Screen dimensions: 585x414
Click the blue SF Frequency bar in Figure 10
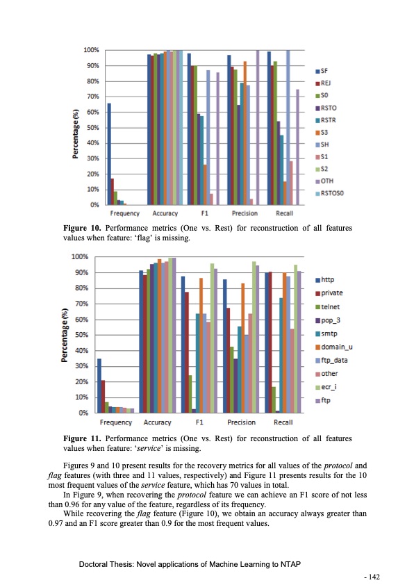coord(109,154)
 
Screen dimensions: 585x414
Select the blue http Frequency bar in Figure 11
coord(99,386)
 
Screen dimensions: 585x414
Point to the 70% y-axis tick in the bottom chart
coord(81,304)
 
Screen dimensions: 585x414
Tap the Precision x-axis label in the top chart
coord(245,213)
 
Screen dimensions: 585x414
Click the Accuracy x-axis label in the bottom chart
coord(158,422)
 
